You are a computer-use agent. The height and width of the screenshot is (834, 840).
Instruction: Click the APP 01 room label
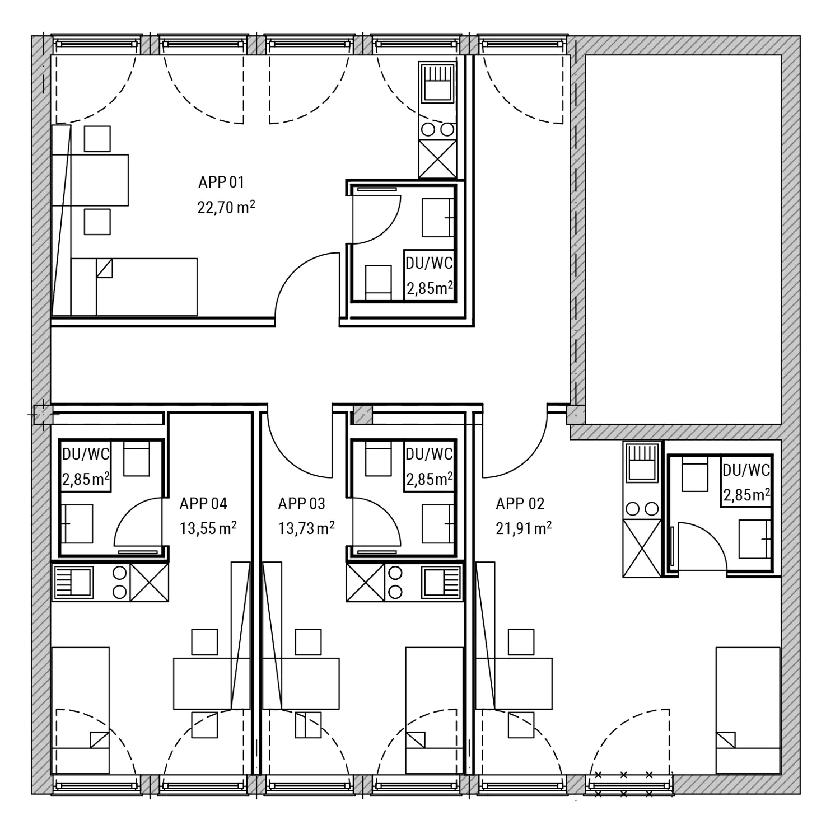(221, 182)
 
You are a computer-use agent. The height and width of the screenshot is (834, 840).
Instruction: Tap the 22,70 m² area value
(226, 208)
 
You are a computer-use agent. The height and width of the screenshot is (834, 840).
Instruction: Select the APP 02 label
(520, 504)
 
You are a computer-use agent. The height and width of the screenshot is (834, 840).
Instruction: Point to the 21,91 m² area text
(524, 528)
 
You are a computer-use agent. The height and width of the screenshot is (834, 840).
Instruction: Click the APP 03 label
(301, 504)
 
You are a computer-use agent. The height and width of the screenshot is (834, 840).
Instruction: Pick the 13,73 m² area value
(306, 528)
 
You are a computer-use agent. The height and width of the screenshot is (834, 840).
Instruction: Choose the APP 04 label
(203, 504)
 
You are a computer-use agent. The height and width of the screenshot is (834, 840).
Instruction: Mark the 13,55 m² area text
(208, 528)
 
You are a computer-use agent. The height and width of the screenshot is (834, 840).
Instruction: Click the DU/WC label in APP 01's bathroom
(429, 263)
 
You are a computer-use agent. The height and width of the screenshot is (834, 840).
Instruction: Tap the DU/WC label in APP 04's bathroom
(86, 454)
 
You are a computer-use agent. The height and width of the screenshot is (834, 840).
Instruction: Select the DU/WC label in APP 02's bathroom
(746, 470)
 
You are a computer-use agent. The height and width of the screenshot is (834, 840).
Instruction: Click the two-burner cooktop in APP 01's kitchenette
(437, 130)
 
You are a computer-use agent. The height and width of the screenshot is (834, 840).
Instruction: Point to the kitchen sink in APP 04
(73, 582)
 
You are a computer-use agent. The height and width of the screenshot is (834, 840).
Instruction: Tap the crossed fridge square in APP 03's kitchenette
(366, 582)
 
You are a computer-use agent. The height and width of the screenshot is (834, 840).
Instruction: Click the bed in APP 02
(748, 711)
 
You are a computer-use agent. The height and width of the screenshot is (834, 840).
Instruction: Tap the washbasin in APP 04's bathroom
(77, 523)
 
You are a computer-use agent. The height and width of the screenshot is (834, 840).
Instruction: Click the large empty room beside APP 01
(683, 240)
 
